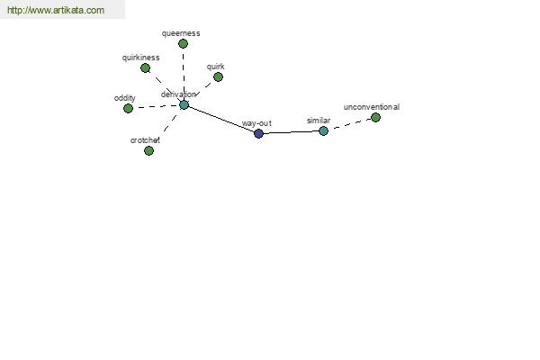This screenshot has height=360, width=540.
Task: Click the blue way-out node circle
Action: [x=258, y=133]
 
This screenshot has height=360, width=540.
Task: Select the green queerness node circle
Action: [x=184, y=44]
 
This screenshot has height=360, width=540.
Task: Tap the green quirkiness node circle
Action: [x=145, y=67]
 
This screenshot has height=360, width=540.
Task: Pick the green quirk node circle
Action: [x=218, y=76]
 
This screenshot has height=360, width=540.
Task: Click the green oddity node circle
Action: [x=128, y=108]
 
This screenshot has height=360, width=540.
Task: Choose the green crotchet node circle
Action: [x=148, y=150]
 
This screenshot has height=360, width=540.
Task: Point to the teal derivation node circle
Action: [x=184, y=104]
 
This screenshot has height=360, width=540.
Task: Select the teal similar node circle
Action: [x=323, y=130]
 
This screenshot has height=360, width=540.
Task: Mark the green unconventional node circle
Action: [x=375, y=118]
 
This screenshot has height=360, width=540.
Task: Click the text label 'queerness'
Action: [x=181, y=33]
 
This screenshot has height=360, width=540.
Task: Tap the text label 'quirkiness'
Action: [x=141, y=58]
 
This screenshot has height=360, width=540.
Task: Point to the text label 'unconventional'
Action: [x=372, y=107]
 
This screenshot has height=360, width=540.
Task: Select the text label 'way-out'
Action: [x=256, y=123]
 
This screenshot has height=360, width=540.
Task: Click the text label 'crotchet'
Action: [x=145, y=140]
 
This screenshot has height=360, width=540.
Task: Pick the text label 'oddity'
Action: [x=125, y=98]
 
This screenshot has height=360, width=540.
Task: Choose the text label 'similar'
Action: [x=319, y=121]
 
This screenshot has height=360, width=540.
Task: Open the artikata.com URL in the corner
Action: [x=56, y=10]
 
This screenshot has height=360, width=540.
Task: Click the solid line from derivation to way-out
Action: [x=221, y=119]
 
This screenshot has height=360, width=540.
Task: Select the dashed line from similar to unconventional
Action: [x=349, y=124]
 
